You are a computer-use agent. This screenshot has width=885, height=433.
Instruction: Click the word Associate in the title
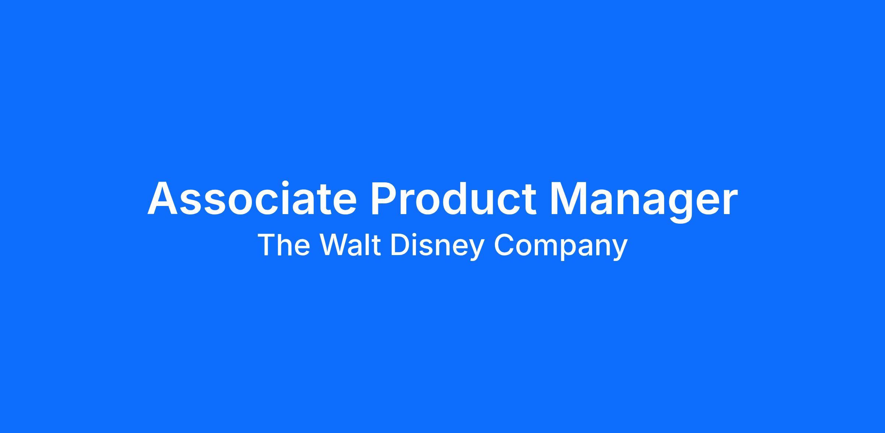click(252, 198)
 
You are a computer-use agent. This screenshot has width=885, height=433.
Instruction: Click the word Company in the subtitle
click(560, 246)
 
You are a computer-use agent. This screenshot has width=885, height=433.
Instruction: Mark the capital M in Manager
click(569, 198)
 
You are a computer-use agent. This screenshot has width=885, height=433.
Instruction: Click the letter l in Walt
click(370, 244)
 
